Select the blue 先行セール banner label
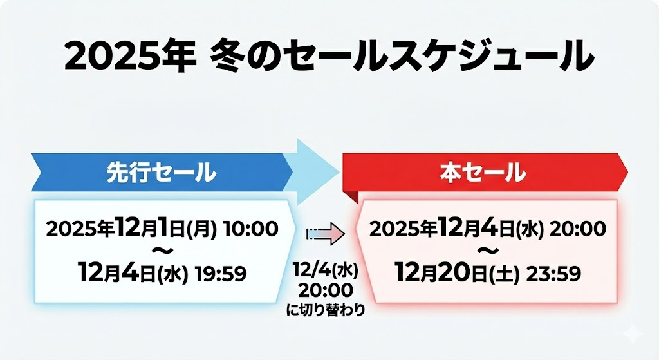(x=160, y=173)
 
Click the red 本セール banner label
(x=483, y=173)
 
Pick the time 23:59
(x=554, y=274)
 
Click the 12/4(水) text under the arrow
(x=324, y=270)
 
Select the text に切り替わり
(x=325, y=310)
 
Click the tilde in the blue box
(x=161, y=250)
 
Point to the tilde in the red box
(x=488, y=250)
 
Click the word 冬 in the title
(x=225, y=57)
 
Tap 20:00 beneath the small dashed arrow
(x=324, y=290)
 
